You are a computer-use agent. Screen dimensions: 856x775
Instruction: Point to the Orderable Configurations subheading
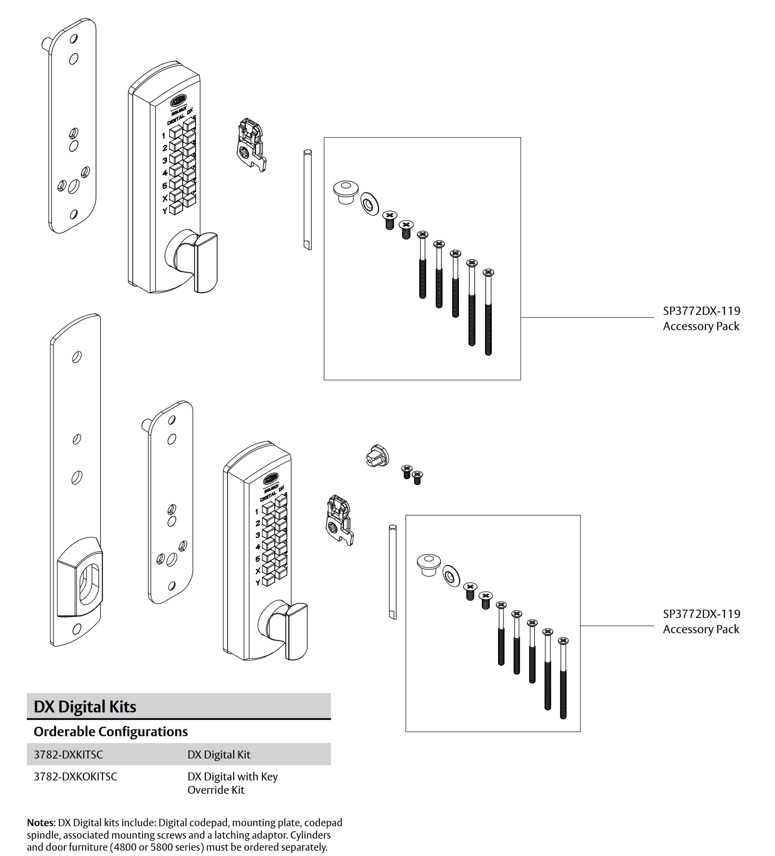[110, 731]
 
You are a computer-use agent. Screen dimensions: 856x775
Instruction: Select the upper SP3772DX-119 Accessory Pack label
[701, 318]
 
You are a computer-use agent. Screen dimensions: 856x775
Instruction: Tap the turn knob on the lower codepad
[296, 631]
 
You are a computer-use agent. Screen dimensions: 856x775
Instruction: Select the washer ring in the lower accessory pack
[451, 576]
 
